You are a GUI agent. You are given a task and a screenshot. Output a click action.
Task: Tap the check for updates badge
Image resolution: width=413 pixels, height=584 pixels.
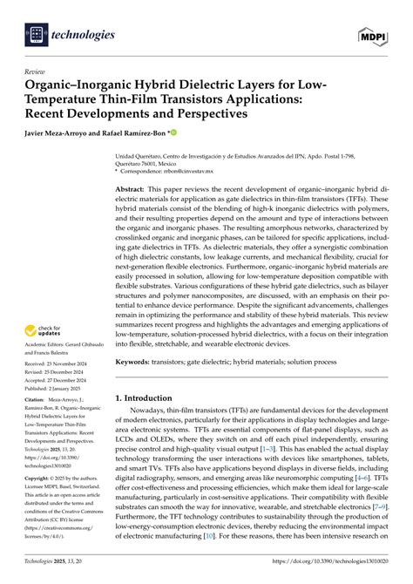(44, 330)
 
